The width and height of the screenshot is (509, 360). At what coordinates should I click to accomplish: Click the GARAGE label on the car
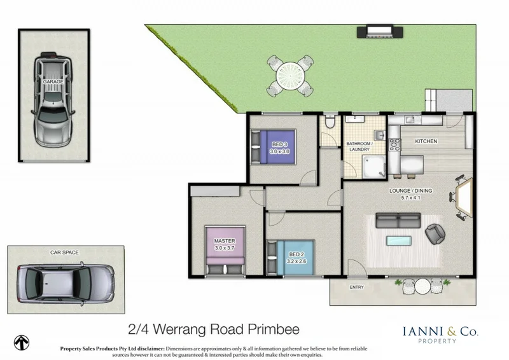52,83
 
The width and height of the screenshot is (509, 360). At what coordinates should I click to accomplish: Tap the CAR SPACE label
64,253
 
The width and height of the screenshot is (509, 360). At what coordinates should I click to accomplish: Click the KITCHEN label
426,141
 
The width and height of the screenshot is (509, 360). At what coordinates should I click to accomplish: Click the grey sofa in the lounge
398,220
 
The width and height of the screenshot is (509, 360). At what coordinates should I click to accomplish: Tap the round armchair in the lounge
436,234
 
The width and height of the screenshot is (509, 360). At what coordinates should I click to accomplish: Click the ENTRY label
357,287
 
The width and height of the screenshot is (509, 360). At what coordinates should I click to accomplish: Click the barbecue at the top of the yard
379,31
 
